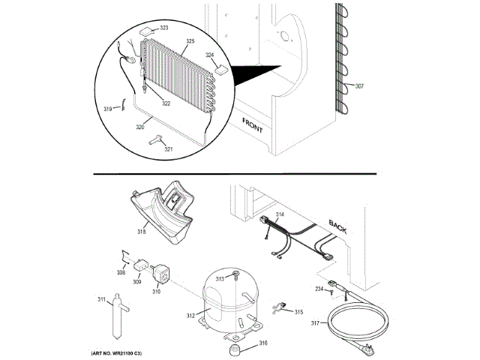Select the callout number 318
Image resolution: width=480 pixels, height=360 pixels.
click(x=141, y=231)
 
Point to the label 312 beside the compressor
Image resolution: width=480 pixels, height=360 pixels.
click(x=190, y=315)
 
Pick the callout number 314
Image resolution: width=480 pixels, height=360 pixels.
click(x=280, y=215)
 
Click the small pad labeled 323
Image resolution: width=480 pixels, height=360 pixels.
click(x=147, y=33)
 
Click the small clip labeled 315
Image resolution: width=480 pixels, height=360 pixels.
click(x=281, y=305)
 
